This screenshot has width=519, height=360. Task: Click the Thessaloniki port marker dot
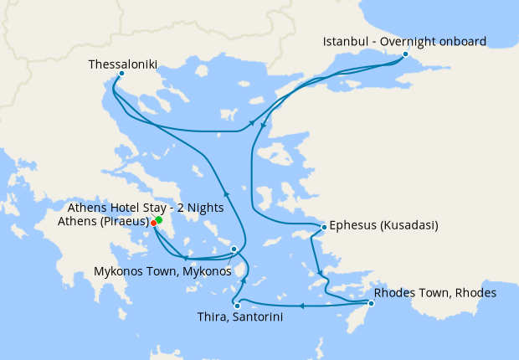(121, 73)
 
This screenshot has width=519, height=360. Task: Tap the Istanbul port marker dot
(405, 54)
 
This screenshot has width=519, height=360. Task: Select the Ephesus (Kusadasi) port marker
(324, 227)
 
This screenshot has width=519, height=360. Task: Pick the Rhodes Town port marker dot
(371, 302)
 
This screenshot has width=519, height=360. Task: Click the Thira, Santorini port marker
(237, 306)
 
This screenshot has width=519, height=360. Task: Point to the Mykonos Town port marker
(234, 249)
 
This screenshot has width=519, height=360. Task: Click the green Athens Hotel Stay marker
(158, 219)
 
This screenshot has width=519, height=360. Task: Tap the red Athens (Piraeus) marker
(153, 223)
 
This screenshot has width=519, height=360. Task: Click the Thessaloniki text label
(122, 64)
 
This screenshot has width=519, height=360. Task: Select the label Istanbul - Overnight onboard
(405, 41)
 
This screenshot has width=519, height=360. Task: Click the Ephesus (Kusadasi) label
(384, 225)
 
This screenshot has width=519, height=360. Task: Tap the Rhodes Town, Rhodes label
(435, 293)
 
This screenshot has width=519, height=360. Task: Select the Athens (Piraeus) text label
(103, 222)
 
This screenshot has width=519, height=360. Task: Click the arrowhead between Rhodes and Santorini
(301, 306)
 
